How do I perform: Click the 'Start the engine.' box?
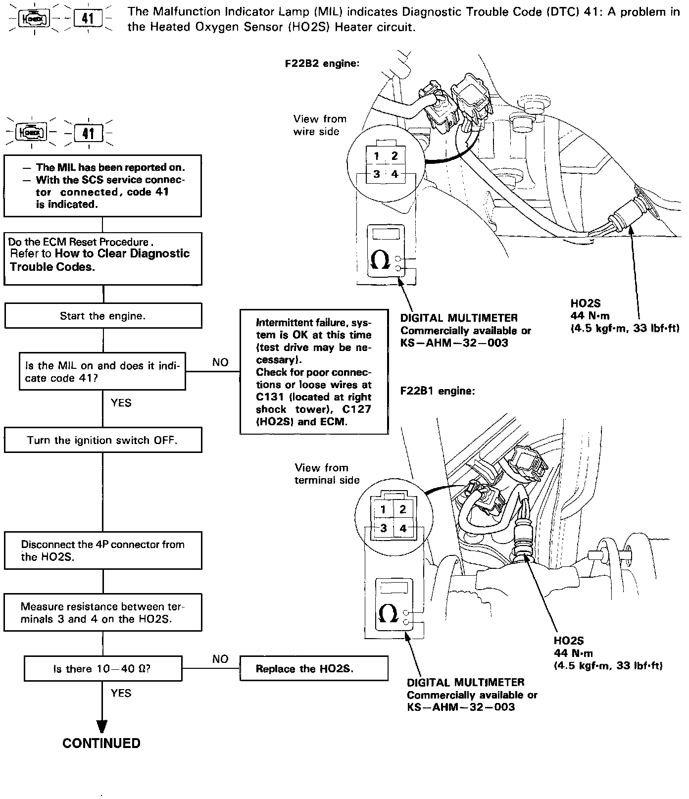tap(103, 316)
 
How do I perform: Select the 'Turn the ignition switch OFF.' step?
tap(103, 440)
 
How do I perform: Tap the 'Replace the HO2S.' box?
tap(314, 669)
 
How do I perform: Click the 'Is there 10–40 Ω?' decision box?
tap(103, 669)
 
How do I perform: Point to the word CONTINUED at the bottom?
tap(101, 743)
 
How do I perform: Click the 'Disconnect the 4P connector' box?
tap(103, 550)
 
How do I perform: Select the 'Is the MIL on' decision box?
tap(103, 372)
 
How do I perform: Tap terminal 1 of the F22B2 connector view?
tap(377, 156)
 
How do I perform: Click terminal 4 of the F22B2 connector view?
tap(394, 174)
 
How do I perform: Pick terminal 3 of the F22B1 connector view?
tap(383, 528)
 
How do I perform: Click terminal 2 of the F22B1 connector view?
tap(403, 509)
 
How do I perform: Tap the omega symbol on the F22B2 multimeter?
tap(380, 261)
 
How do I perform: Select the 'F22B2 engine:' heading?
tap(322, 64)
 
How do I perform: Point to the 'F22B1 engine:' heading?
tap(438, 391)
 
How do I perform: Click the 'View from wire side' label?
tap(319, 125)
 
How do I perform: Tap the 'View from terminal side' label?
tap(327, 474)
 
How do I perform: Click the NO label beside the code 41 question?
tap(220, 362)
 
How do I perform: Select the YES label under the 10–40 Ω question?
tap(121, 693)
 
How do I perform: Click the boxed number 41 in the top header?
tap(88, 19)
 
